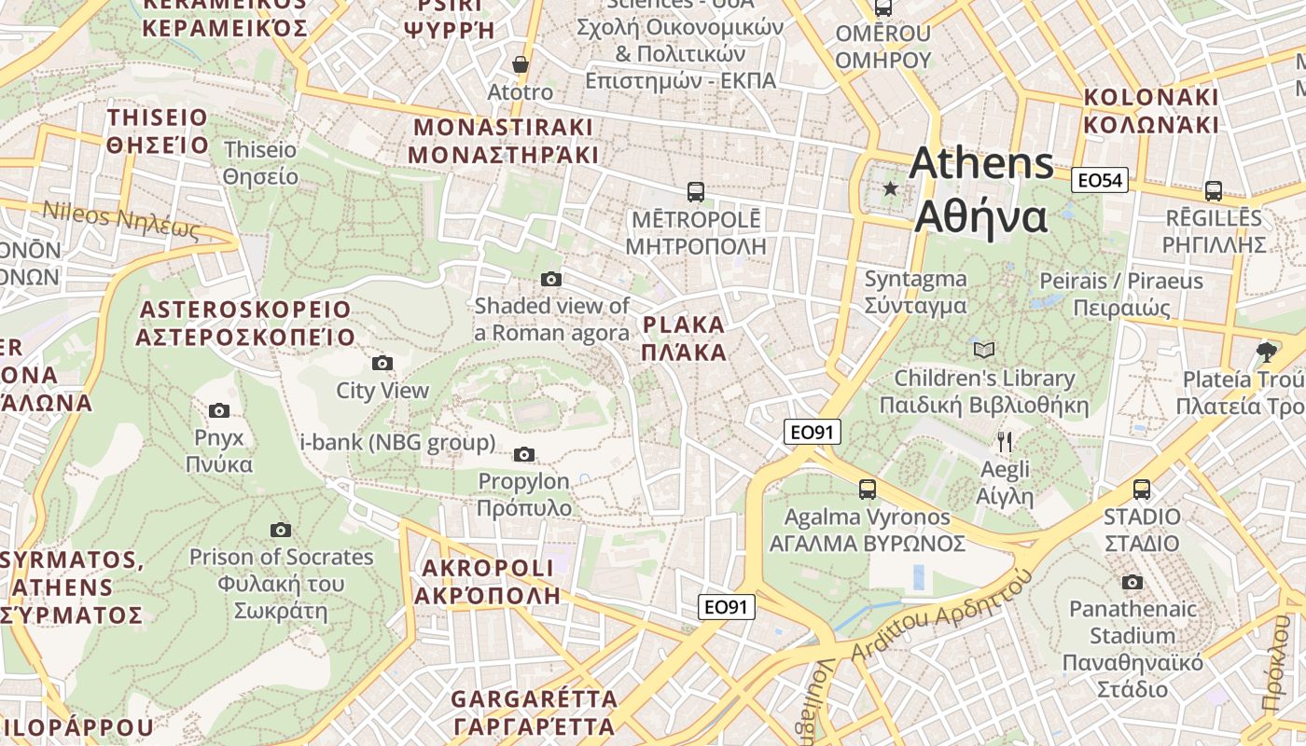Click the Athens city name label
981,190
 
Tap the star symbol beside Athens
891,189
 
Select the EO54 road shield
1100,180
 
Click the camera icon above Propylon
524,454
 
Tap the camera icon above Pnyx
219,410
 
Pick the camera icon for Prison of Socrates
281,530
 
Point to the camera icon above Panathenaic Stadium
1132,582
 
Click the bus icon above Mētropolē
696,192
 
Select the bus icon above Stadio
1141,489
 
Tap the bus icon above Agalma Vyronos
868,489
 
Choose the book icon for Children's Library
984,350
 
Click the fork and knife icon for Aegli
1005,441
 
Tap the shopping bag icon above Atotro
521,64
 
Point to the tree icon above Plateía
1267,352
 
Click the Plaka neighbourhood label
684,338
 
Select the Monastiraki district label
503,140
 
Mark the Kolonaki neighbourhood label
1151,111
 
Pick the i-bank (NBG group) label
397,442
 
